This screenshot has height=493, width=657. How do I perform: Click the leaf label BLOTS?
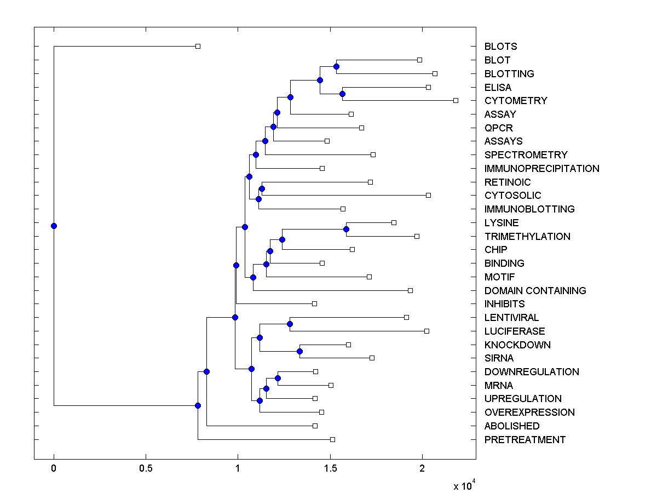click(500, 47)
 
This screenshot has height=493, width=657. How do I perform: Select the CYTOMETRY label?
click(516, 101)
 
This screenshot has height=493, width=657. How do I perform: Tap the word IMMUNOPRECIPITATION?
click(541, 169)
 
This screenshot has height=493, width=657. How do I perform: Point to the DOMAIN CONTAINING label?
click(535, 291)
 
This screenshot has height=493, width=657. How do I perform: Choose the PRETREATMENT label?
click(525, 440)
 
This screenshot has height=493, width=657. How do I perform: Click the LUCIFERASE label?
click(515, 331)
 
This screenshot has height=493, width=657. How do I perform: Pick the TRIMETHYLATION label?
click(527, 237)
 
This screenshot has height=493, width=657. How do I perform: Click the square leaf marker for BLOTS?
click(198, 46)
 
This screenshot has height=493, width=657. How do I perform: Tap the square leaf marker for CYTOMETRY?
click(456, 100)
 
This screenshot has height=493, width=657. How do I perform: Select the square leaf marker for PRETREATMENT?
click(332, 439)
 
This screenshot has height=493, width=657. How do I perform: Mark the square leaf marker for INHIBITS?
click(314, 303)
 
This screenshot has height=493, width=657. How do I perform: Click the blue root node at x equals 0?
click(54, 226)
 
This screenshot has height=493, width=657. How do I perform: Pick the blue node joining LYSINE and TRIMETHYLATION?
click(346, 229)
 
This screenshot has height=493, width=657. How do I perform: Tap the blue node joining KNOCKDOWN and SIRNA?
click(299, 351)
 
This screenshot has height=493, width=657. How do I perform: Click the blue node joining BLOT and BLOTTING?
click(336, 66)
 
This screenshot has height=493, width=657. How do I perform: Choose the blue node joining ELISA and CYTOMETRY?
click(342, 94)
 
